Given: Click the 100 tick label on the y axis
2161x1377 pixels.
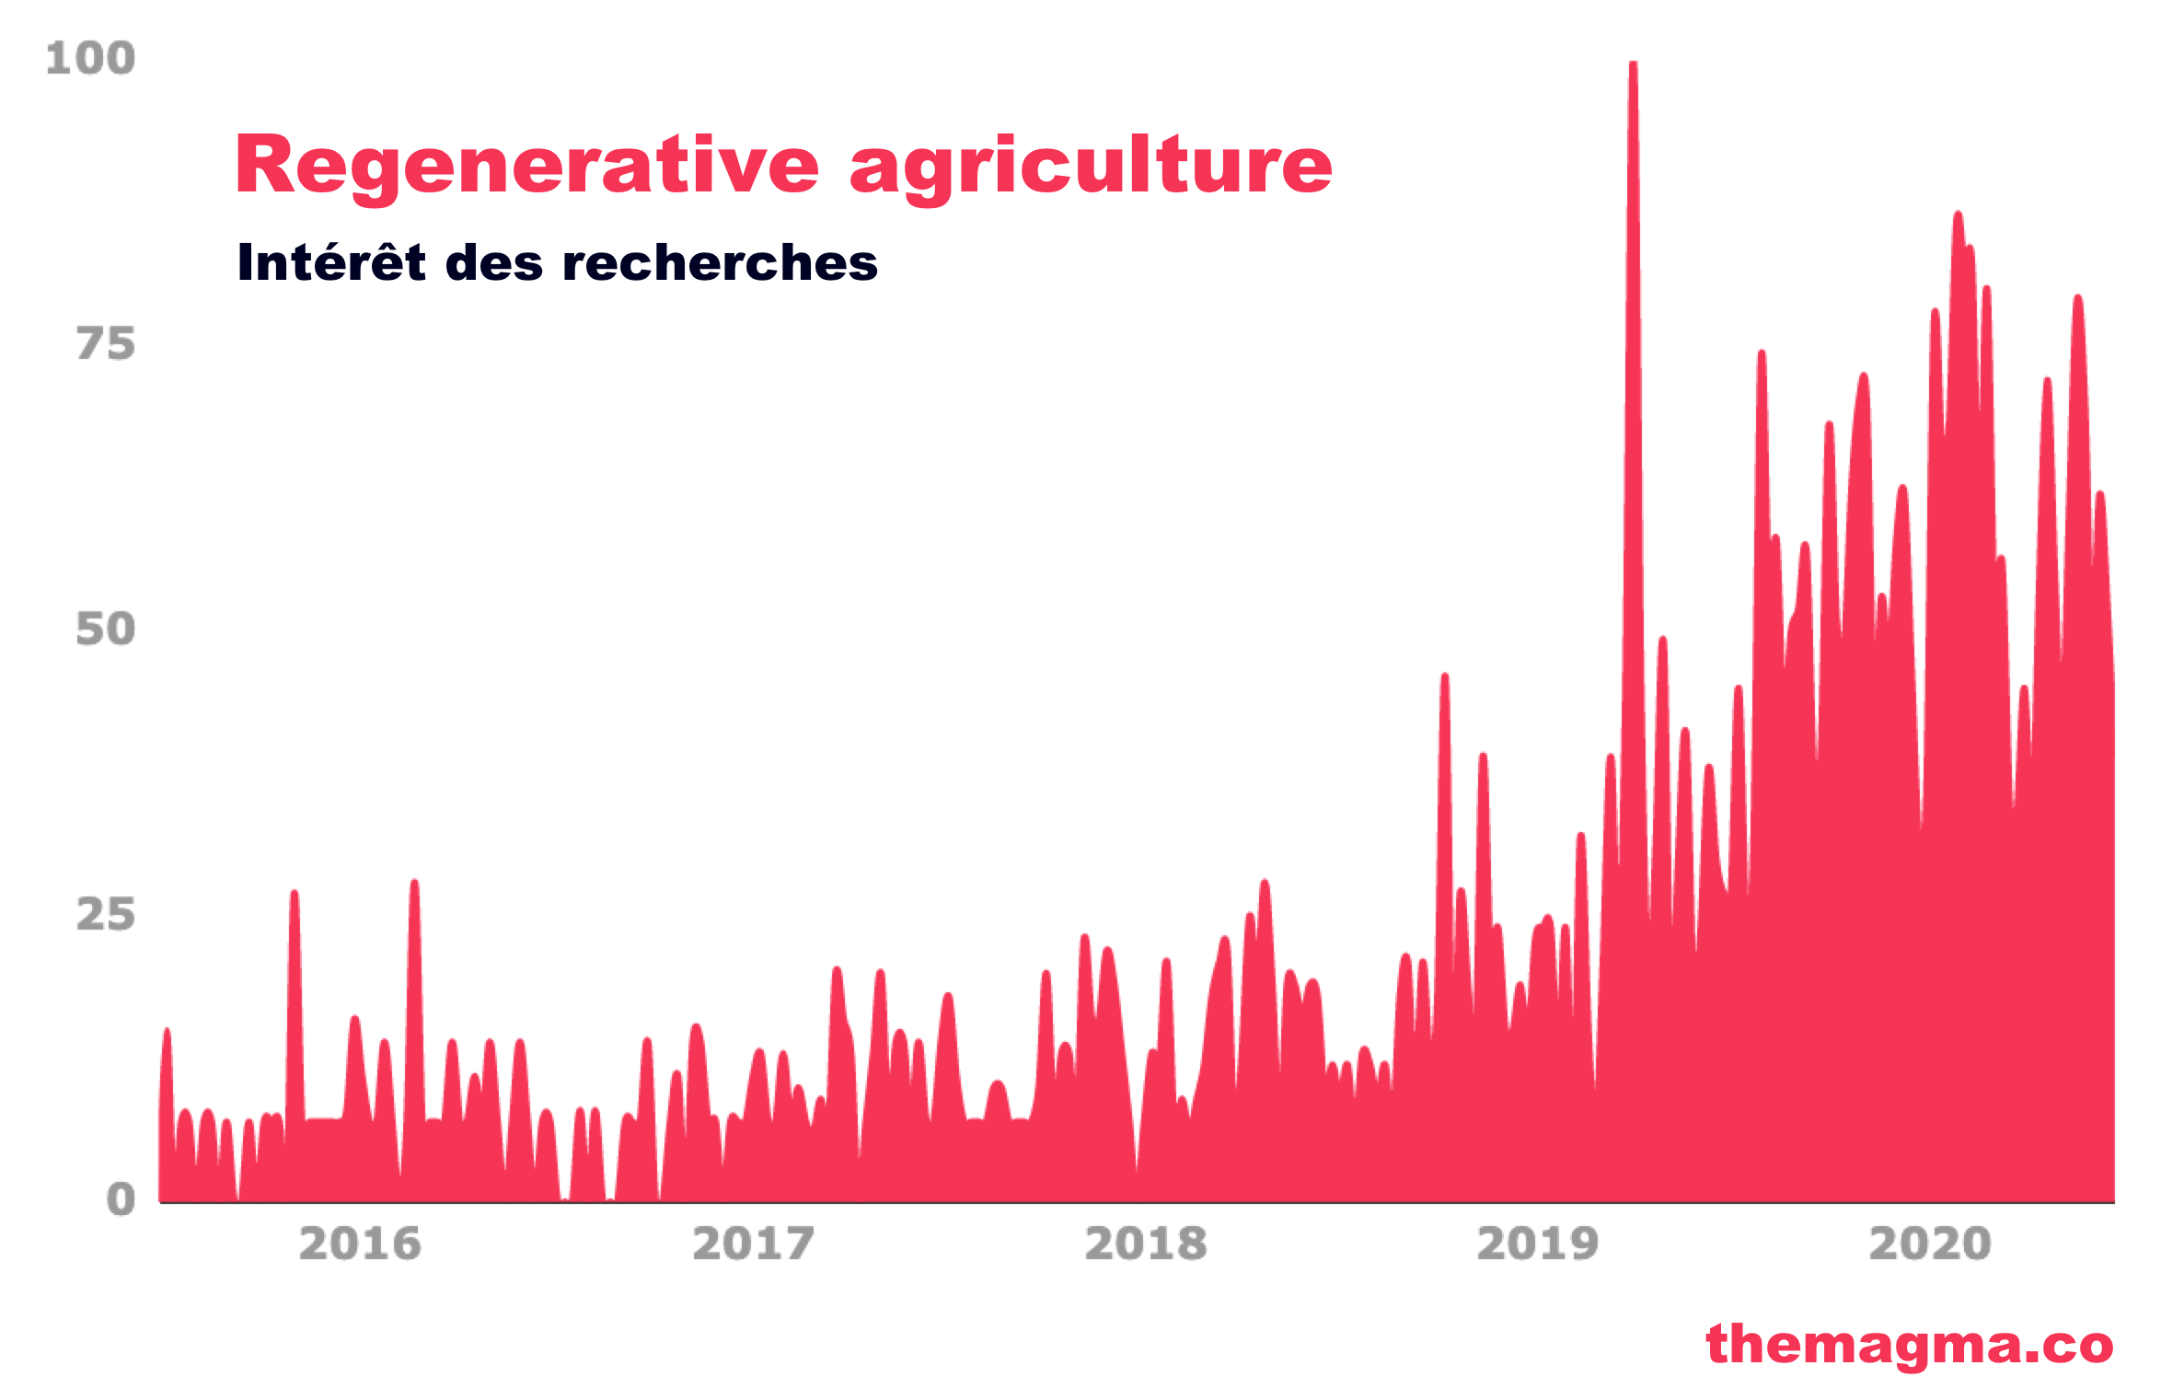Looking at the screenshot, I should pyautogui.click(x=90, y=58).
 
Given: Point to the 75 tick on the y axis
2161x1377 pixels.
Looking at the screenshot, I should pyautogui.click(x=106, y=344).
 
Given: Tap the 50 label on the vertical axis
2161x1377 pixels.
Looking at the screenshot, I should pyautogui.click(x=106, y=630).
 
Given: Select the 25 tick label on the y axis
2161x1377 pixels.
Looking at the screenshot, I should pyautogui.click(x=106, y=915).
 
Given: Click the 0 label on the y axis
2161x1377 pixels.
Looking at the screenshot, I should pyautogui.click(x=121, y=1200).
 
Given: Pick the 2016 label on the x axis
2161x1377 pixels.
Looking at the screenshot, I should pyautogui.click(x=360, y=1244).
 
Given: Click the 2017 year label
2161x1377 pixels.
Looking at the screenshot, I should pyautogui.click(x=753, y=1244).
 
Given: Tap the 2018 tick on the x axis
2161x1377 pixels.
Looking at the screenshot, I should pyautogui.click(x=1145, y=1244).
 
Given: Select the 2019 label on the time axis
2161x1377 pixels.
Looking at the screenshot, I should pyautogui.click(x=1538, y=1244).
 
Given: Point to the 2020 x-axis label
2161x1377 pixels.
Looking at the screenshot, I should pyautogui.click(x=1930, y=1244).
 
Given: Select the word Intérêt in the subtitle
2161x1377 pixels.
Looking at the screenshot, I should pyautogui.click(x=331, y=262).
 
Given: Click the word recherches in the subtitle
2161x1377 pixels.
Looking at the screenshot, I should pyautogui.click(x=720, y=263).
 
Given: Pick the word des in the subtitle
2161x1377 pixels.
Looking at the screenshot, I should pyautogui.click(x=494, y=263).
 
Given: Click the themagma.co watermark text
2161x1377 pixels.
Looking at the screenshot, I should pyautogui.click(x=1910, y=1345).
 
